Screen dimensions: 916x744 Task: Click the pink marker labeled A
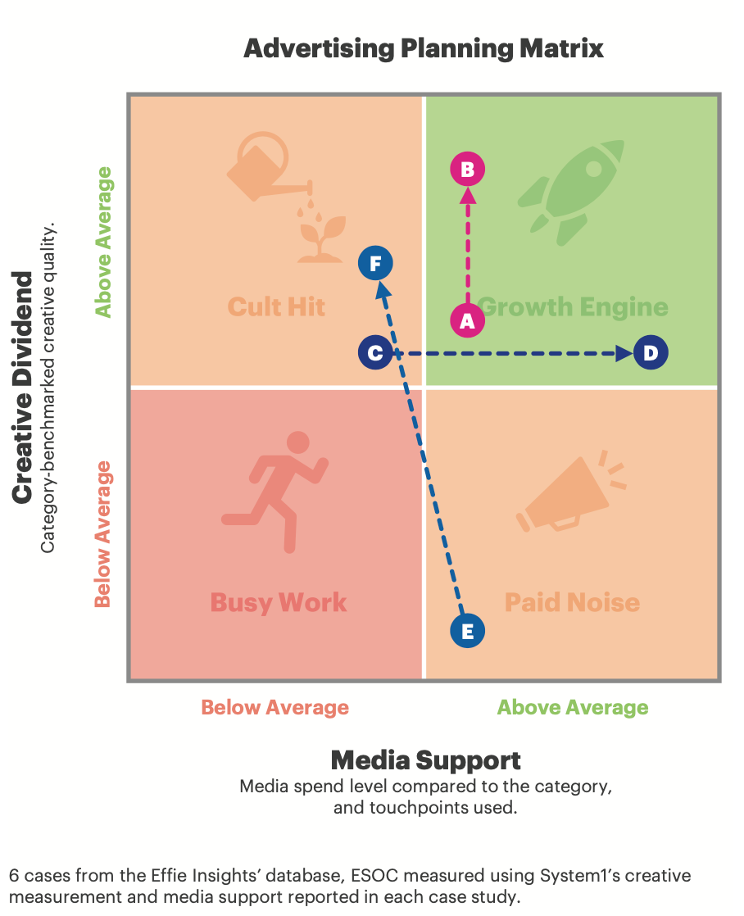click(467, 320)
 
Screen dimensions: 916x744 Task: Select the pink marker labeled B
click(468, 170)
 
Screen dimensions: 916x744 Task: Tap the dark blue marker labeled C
click(375, 353)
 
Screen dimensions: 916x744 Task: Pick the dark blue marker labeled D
click(651, 353)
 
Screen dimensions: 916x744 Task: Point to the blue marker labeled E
click(468, 631)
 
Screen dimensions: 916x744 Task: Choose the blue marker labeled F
click(375, 264)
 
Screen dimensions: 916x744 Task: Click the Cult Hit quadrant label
click(276, 307)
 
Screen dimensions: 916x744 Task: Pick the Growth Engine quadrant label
click(574, 307)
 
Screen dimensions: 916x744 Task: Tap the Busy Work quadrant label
click(279, 603)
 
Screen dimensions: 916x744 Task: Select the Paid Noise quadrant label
click(572, 603)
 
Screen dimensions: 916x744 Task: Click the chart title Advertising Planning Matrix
click(424, 48)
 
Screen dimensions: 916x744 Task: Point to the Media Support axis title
click(425, 760)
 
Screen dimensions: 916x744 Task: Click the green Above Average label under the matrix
click(572, 708)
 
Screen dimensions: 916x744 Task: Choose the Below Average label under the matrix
click(275, 708)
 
